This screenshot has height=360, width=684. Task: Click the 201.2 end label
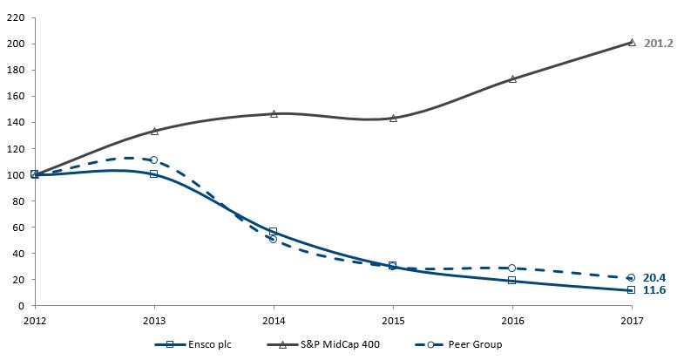coord(657,43)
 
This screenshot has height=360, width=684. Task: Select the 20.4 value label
coord(654,277)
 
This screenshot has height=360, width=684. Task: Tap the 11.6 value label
coord(654,289)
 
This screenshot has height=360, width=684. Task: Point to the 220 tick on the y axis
coord(17,17)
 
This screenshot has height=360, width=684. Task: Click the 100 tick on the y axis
coord(17,174)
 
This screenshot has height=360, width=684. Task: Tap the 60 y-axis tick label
coord(20,227)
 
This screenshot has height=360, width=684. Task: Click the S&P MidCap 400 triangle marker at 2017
coord(631,42)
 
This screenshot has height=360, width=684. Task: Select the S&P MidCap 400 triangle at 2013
coord(154,131)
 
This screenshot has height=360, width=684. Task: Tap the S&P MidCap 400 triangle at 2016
coord(511,78)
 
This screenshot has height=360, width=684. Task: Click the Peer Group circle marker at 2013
coord(154,160)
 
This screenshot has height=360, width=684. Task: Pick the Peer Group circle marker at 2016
coord(511,268)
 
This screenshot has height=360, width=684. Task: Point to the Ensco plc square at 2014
coord(274,231)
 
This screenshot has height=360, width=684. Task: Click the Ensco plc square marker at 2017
coord(631,290)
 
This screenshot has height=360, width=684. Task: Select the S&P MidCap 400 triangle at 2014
coord(274,113)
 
